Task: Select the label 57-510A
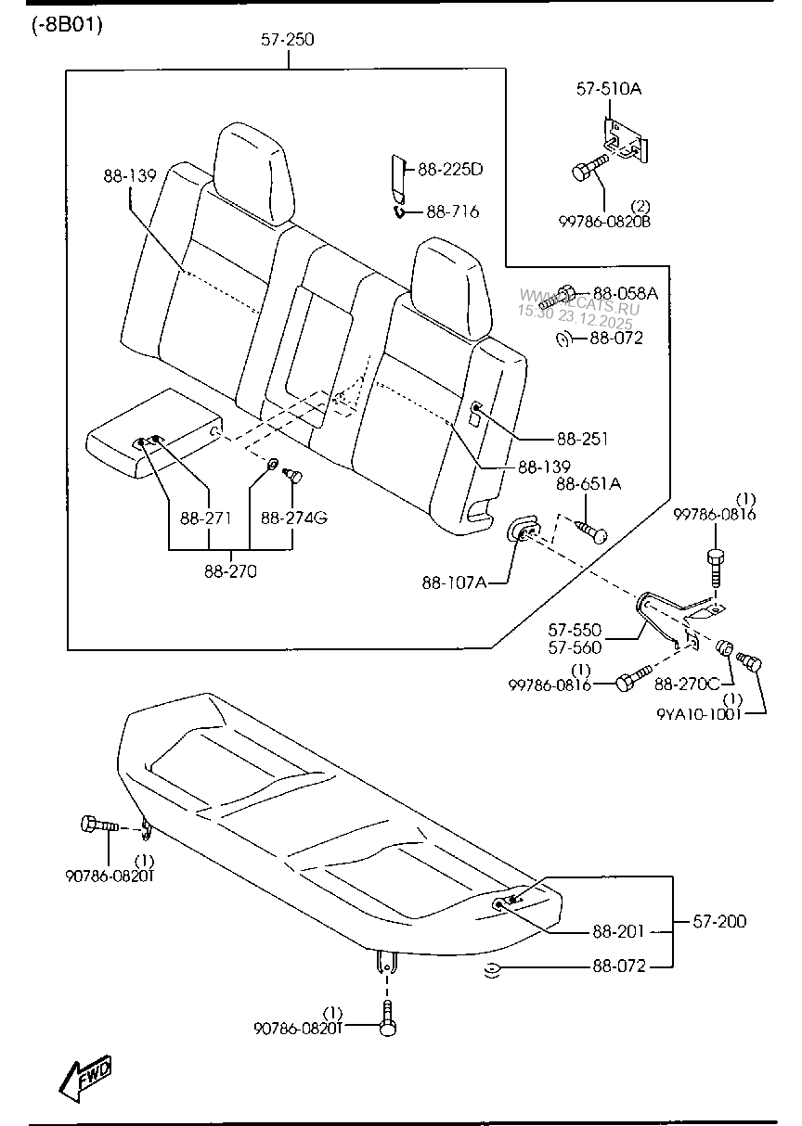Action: pyautogui.click(x=609, y=89)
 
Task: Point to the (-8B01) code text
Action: pyautogui.click(x=66, y=24)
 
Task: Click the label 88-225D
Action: pyautogui.click(x=450, y=170)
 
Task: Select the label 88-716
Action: pyautogui.click(x=452, y=212)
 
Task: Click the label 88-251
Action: pyautogui.click(x=582, y=438)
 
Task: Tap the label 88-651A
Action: pyautogui.click(x=589, y=484)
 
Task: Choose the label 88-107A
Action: pyautogui.click(x=453, y=582)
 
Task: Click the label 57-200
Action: pyautogui.click(x=719, y=922)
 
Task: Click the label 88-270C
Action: pyautogui.click(x=686, y=684)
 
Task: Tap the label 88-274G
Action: pyautogui.click(x=293, y=518)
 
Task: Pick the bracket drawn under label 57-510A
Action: pyautogui.click(x=623, y=140)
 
